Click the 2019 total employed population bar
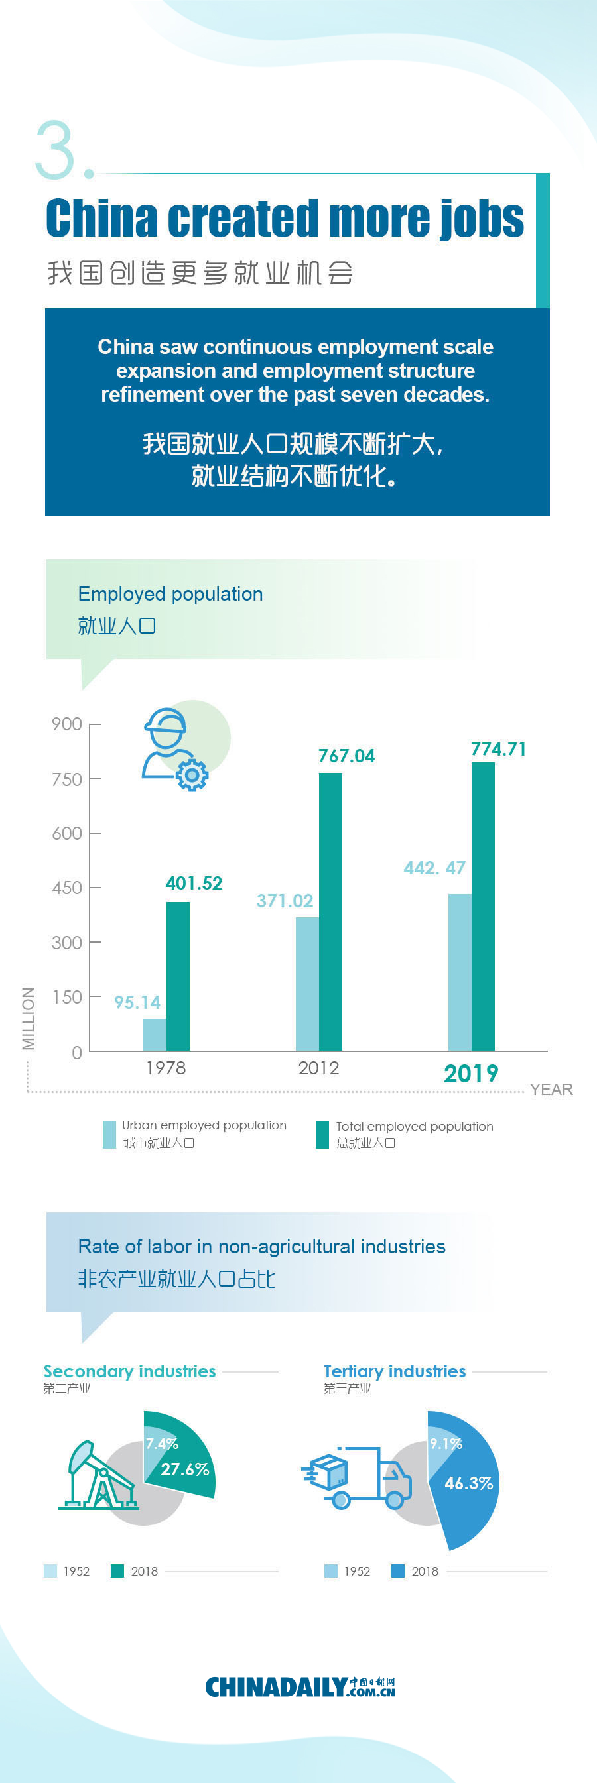483,906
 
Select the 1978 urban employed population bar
155,1034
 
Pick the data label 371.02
285,901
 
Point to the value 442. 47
434,867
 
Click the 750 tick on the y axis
67,779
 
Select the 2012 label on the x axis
318,1068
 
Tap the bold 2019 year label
471,1074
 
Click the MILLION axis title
29,1018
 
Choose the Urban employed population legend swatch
109,1135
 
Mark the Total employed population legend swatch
322,1135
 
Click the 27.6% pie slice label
185,1469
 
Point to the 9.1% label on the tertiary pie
445,1444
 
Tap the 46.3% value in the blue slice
469,1483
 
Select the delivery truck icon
358,1477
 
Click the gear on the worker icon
192,775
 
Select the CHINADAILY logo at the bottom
299,1686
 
